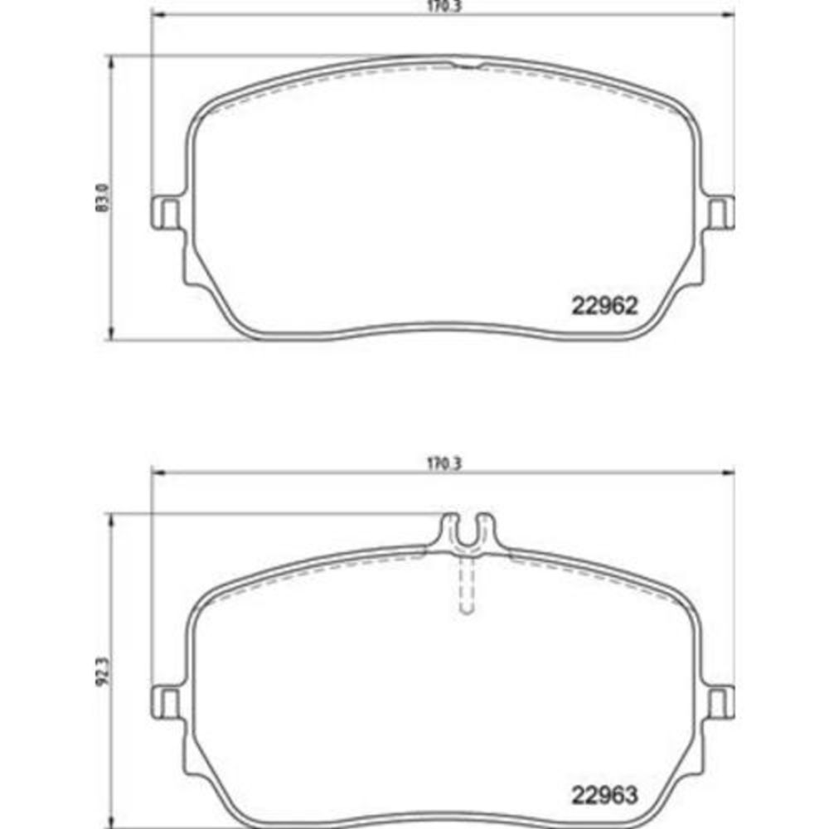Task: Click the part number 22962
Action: click(605, 305)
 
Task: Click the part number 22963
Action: click(605, 795)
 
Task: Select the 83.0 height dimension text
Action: click(102, 198)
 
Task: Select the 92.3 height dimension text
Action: click(102, 671)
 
